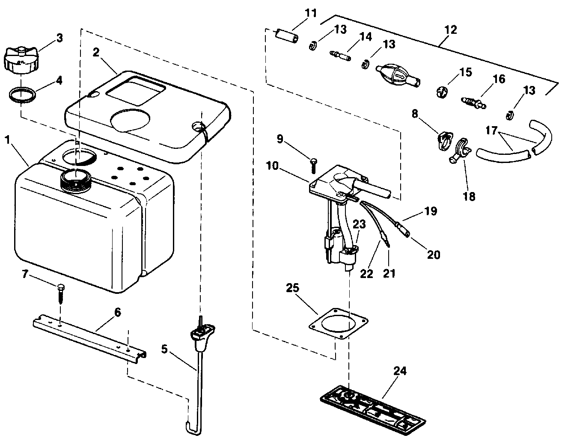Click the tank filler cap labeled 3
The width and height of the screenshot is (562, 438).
(21, 60)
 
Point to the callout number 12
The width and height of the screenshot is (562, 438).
(451, 30)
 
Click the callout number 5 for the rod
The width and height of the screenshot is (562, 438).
(164, 349)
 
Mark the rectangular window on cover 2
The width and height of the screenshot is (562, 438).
(135, 89)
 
